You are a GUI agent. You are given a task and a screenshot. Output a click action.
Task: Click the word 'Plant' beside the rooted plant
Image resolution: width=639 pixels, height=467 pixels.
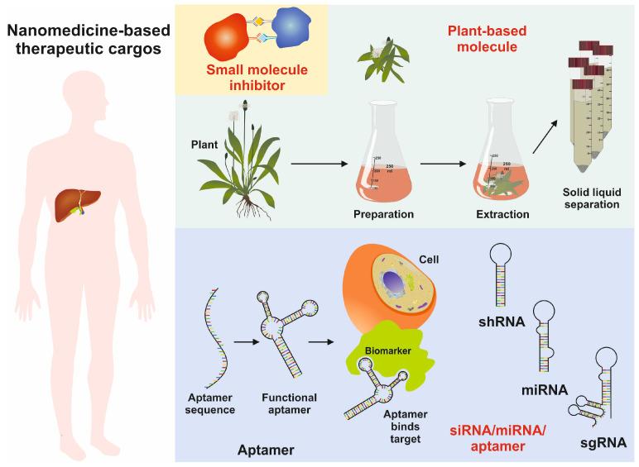coord(204,145)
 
